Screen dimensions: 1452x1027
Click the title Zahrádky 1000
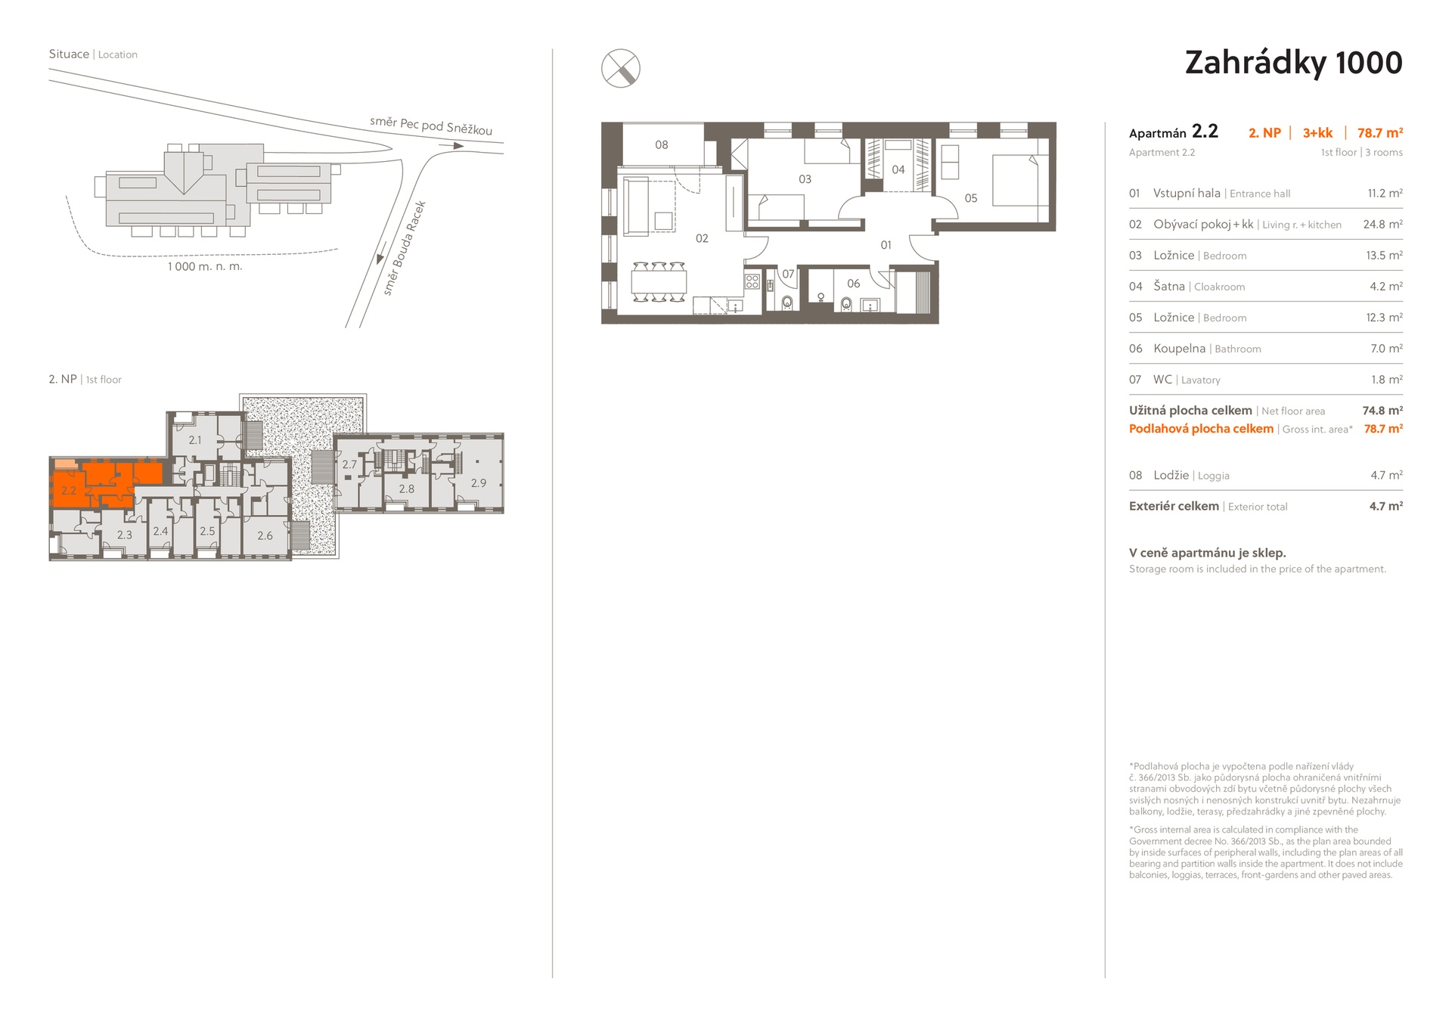1293,63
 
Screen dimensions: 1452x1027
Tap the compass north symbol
620,68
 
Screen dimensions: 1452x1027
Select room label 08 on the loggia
662,144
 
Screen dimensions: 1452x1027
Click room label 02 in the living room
702,238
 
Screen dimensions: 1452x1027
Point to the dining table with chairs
659,282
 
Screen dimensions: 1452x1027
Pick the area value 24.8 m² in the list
1382,225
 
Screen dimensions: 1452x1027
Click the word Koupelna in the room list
1179,349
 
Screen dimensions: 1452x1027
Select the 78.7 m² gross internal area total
1383,429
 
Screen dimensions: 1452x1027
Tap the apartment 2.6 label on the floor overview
265,535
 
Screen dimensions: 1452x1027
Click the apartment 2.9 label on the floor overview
479,482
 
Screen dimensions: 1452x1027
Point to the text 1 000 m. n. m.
205,266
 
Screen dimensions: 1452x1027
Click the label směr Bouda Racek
405,248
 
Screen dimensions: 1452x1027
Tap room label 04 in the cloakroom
898,169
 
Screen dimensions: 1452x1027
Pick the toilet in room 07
787,303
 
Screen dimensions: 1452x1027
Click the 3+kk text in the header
1317,133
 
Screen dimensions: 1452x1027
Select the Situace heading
69,54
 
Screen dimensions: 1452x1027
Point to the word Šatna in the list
1169,286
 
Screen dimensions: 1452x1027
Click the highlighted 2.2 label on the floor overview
69,490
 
